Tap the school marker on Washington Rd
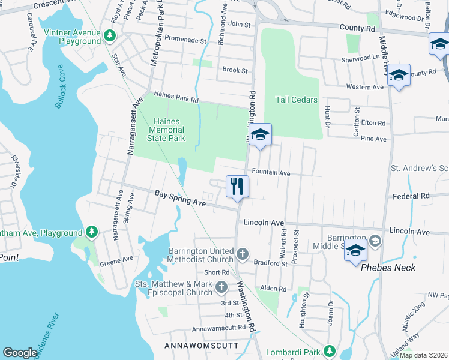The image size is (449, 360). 260,134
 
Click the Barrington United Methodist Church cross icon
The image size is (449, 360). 242,255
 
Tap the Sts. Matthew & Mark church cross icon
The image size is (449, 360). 221,288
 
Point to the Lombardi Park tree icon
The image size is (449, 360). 328,350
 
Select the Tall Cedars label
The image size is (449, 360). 296,100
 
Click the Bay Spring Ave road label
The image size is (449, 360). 180,199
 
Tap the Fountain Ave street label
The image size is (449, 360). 271,173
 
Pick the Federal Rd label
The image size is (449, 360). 411,196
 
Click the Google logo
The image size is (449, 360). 20,353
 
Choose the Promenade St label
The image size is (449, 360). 186,42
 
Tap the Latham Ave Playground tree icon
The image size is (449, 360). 91,232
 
